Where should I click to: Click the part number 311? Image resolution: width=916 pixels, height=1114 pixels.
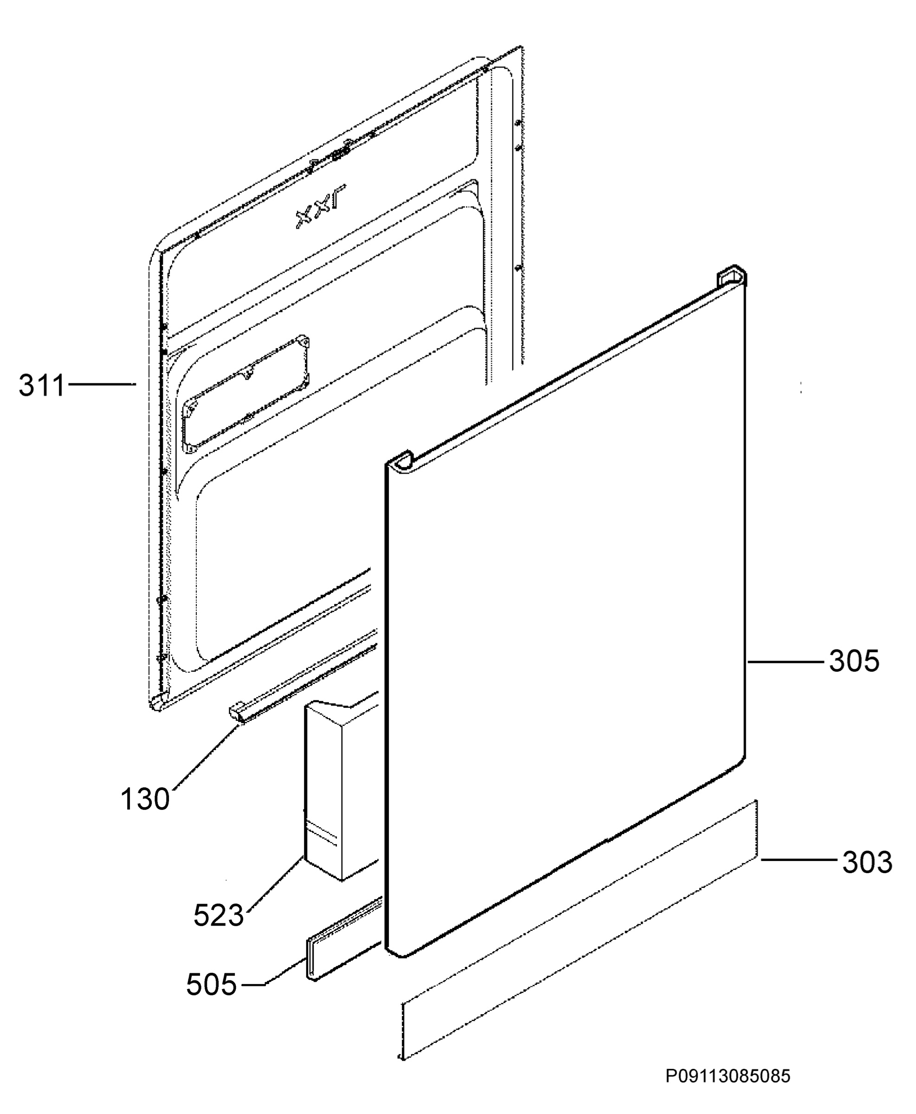(42, 385)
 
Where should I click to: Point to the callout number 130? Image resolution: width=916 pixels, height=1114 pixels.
(145, 799)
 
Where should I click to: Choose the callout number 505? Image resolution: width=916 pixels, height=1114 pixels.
(212, 984)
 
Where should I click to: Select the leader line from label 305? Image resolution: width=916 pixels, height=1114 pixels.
(785, 661)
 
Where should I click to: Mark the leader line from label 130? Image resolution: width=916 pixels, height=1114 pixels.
(207, 764)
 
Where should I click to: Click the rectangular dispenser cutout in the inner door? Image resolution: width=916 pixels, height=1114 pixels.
(246, 393)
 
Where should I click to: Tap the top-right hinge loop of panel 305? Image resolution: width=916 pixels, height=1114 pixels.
(731, 278)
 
